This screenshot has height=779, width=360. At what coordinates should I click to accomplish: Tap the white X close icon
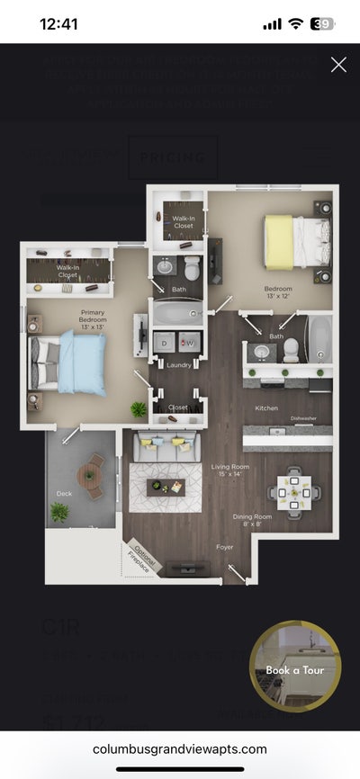pos(338,64)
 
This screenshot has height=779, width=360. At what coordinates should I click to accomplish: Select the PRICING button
pos(173,158)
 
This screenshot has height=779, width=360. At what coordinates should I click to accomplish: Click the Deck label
pos(63,468)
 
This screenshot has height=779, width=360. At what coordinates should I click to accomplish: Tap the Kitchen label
pos(266,408)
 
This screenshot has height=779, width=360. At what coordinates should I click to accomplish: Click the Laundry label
pos(178,365)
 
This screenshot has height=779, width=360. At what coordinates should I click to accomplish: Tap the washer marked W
pos(189,343)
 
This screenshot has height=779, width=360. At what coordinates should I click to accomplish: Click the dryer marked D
pos(166,343)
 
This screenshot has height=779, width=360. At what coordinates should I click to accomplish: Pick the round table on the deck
pos(90,475)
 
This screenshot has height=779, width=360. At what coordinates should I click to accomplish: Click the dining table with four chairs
pos(294,492)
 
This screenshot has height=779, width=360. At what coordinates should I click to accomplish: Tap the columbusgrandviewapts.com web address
pos(180,749)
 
